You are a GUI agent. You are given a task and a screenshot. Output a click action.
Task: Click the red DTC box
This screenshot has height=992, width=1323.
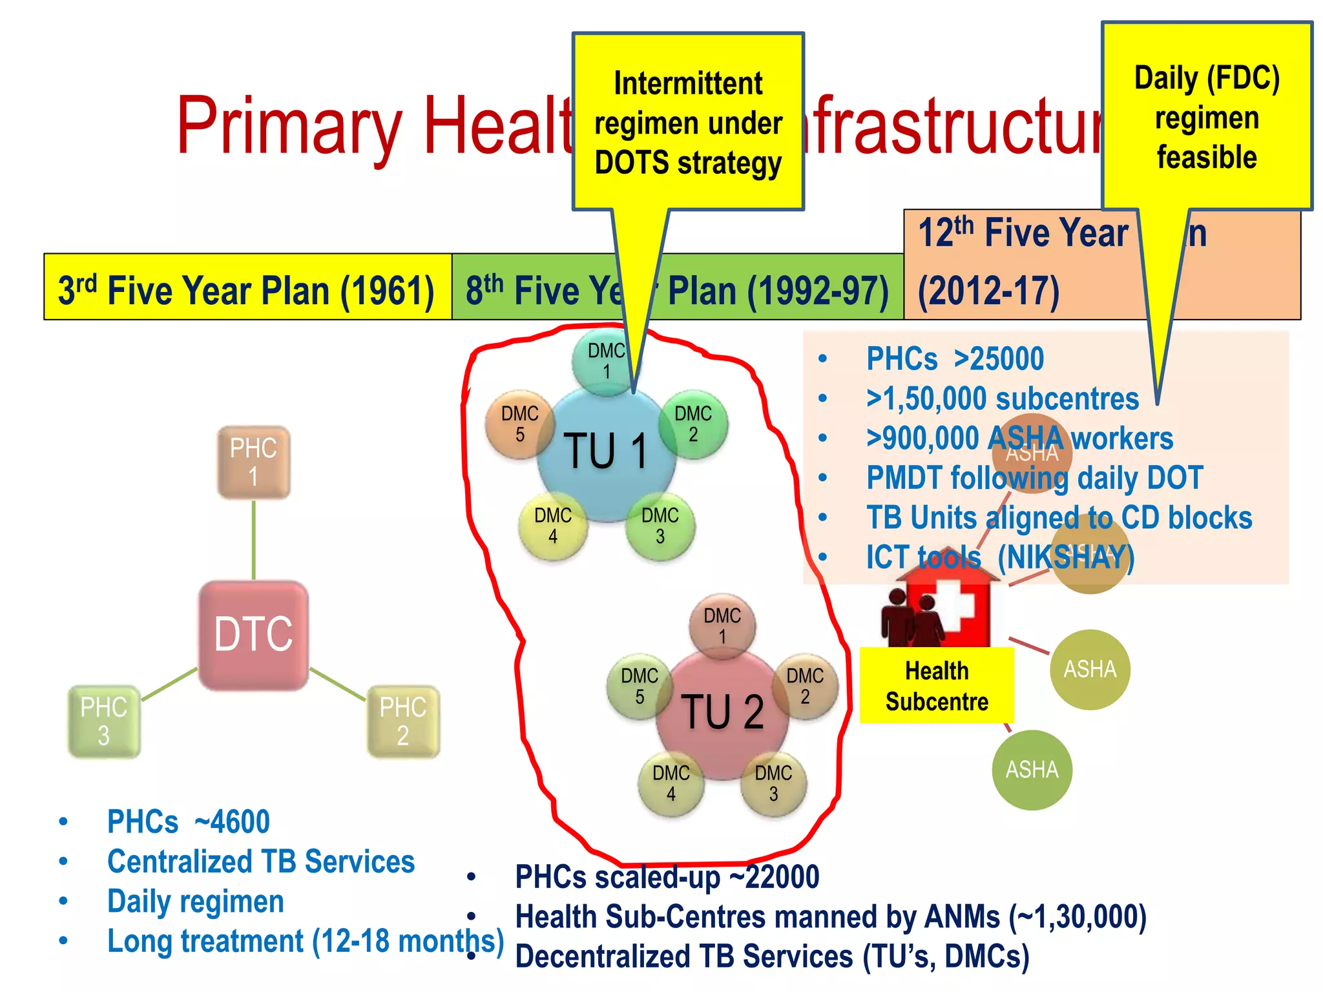pos(253,634)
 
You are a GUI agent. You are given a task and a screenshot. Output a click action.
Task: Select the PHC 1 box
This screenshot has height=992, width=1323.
pos(253,462)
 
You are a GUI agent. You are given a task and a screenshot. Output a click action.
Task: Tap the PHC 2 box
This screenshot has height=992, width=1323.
pos(403,721)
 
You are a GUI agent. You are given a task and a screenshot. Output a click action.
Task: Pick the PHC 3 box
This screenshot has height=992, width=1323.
pos(104,721)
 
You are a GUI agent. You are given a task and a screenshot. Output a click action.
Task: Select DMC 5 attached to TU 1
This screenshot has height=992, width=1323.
pos(519,424)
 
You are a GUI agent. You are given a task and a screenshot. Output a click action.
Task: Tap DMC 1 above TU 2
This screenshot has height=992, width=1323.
pos(722,625)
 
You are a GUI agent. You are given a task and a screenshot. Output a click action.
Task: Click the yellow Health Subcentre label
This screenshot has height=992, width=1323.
pos(936,685)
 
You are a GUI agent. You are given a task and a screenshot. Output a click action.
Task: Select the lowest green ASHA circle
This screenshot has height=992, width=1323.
pos(1032,769)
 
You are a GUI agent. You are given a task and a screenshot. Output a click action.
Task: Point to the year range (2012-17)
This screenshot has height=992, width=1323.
pos(988,291)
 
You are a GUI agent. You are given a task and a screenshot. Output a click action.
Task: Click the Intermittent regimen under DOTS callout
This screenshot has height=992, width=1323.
pos(688,123)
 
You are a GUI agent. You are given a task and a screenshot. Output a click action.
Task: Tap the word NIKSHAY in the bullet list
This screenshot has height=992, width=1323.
pos(1065,557)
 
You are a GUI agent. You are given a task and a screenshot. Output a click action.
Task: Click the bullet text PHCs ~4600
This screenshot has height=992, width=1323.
pos(188,821)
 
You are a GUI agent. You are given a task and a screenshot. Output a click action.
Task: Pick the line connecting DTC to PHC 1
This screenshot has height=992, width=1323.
pos(253,540)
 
